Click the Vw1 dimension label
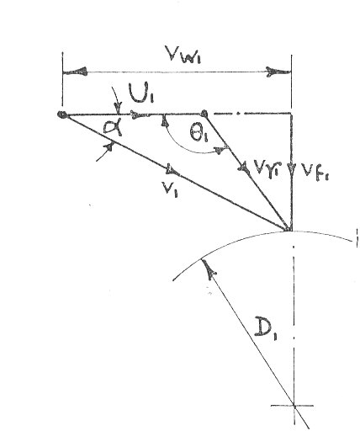point(184,54)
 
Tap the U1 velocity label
point(141,93)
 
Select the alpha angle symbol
point(113,128)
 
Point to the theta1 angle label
point(200,133)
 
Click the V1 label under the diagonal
point(171,189)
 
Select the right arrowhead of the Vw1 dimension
point(278,72)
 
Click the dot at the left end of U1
point(61,114)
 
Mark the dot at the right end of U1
point(204,114)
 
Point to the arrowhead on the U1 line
point(138,114)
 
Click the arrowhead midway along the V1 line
point(172,170)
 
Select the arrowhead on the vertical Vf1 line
point(291,168)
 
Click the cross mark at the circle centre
point(294,405)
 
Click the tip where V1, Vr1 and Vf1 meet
point(290,230)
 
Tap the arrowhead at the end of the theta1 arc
point(220,150)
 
